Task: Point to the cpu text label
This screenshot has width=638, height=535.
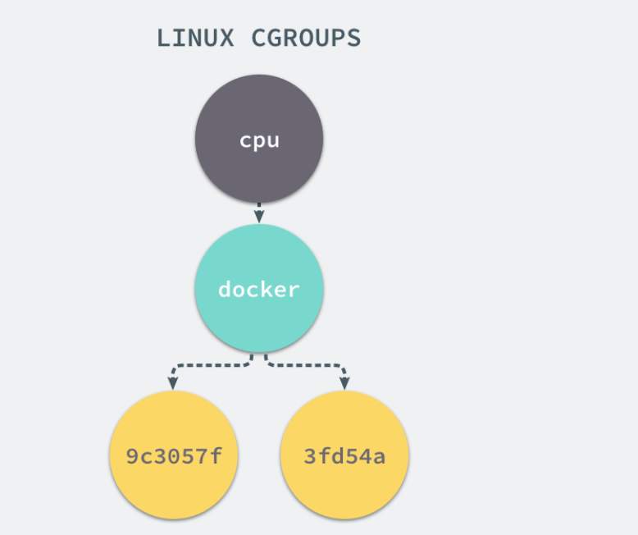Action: tap(259, 140)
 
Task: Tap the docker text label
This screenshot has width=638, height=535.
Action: tap(259, 290)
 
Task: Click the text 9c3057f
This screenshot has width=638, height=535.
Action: tap(174, 456)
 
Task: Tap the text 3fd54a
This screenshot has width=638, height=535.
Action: tap(344, 456)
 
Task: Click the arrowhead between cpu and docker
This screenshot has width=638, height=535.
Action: tap(259, 217)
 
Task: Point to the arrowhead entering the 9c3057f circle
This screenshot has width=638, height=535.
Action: tap(173, 383)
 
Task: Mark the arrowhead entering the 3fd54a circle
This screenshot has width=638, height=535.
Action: tap(344, 383)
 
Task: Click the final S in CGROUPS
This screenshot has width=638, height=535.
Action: tap(353, 38)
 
